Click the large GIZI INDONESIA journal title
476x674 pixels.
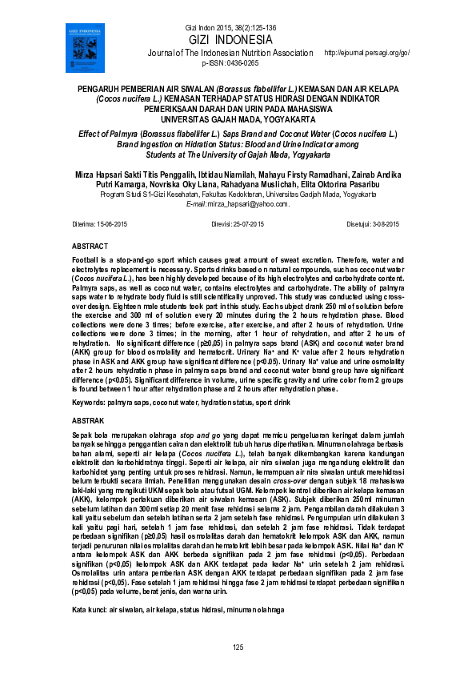tap(230, 40)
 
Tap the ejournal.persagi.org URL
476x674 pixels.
tap(366, 53)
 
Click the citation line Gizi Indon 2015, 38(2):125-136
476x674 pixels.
tap(230, 28)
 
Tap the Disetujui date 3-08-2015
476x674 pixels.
tap(385, 225)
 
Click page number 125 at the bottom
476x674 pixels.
tap(238, 646)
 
